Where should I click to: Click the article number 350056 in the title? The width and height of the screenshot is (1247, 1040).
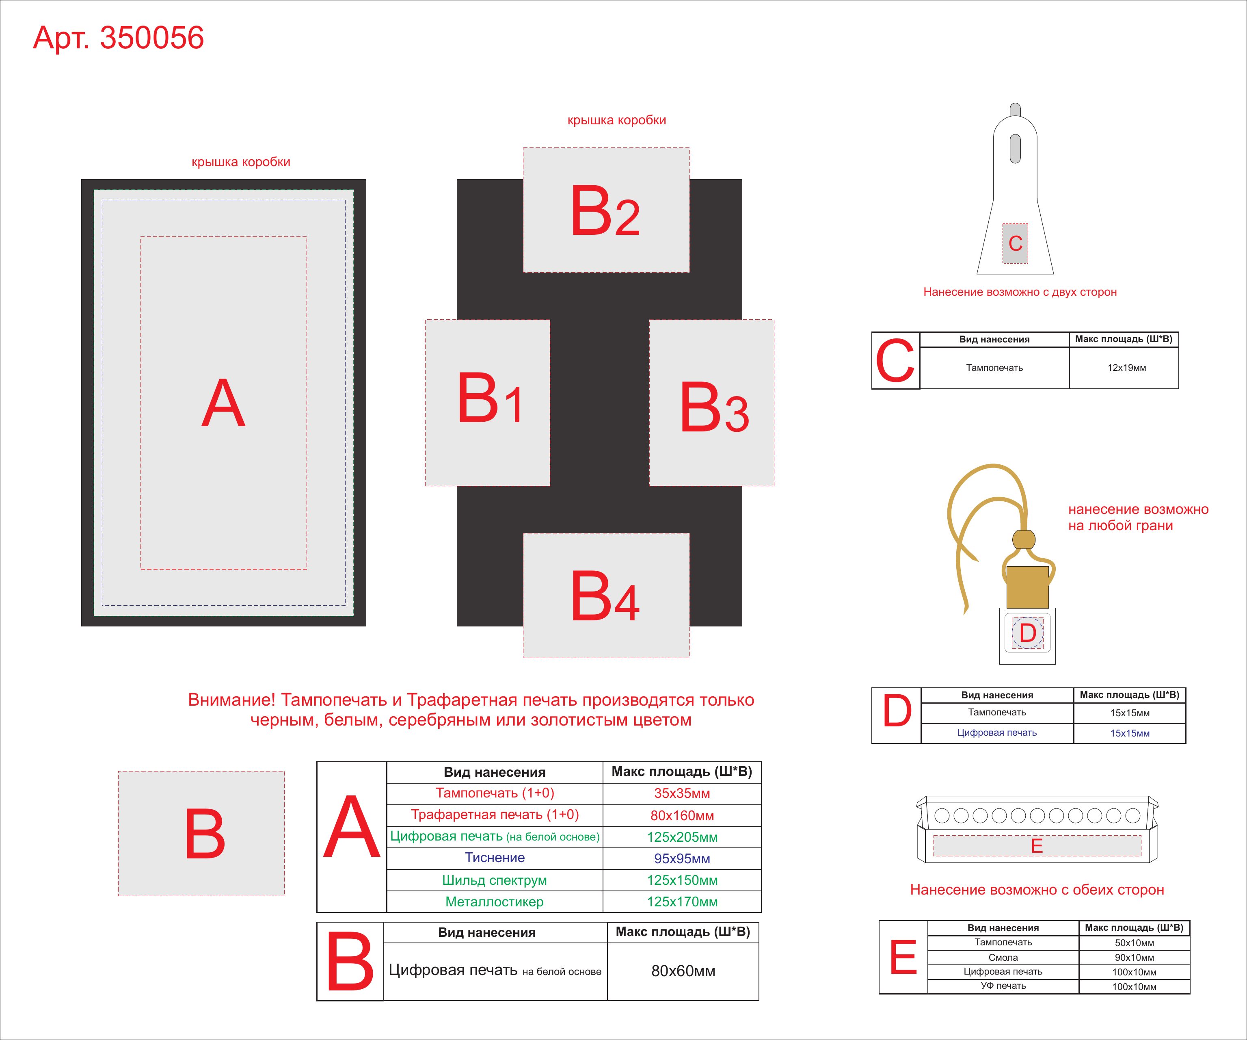tap(151, 37)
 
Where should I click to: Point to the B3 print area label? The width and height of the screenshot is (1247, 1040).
tap(714, 407)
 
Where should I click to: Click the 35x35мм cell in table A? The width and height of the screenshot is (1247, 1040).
tap(682, 793)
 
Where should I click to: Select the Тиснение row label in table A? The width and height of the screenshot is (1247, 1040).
tap(495, 858)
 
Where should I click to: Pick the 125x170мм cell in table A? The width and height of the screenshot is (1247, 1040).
tap(682, 901)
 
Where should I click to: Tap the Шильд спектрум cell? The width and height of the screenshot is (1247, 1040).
tap(495, 880)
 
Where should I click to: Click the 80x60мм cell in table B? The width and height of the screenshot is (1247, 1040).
tap(683, 971)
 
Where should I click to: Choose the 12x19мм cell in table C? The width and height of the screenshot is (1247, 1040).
tap(1126, 368)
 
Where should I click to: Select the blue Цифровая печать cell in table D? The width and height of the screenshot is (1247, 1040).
tap(997, 732)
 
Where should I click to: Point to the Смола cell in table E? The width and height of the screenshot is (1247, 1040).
tap(1003, 958)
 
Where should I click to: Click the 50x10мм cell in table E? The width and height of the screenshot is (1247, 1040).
tap(1134, 942)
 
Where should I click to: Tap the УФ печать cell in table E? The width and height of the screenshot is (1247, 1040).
tap(1003, 986)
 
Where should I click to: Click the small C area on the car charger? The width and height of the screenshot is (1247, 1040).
tap(1016, 243)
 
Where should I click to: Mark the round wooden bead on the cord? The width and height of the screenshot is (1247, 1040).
tap(1024, 539)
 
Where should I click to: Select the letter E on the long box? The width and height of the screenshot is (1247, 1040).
tap(1037, 846)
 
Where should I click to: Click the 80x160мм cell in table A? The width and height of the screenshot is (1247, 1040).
tap(682, 815)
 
